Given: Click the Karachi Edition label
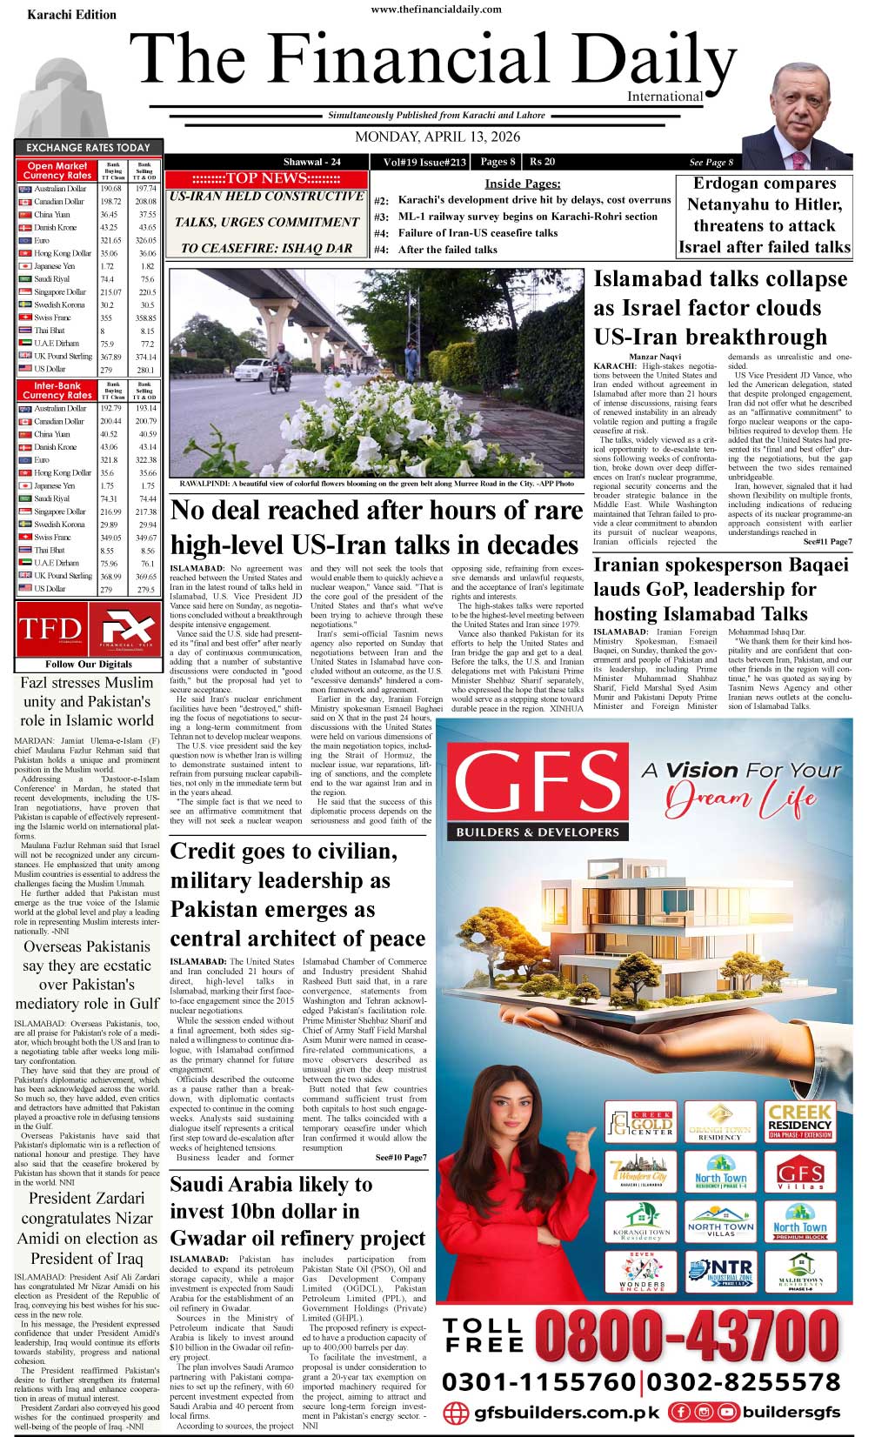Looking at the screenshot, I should tap(71, 15).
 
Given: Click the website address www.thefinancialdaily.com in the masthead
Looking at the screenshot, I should tap(436, 10).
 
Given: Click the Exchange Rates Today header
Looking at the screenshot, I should tap(88, 148).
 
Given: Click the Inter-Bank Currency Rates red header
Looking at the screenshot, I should tap(57, 390).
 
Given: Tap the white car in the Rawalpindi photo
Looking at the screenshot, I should tap(252, 369).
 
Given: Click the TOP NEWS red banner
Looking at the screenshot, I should tap(266, 178).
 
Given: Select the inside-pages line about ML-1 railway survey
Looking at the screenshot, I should tap(527, 217).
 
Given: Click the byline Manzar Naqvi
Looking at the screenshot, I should tap(655, 357).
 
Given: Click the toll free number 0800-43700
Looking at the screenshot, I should tap(688, 1335).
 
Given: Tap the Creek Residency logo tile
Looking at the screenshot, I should tap(799, 1120).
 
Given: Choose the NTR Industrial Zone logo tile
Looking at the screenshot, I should tap(721, 1272).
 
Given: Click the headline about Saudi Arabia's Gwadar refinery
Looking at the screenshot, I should tap(297, 1211).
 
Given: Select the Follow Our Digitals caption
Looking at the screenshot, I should tap(89, 664).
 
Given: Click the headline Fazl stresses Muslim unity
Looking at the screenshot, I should tap(87, 701).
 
